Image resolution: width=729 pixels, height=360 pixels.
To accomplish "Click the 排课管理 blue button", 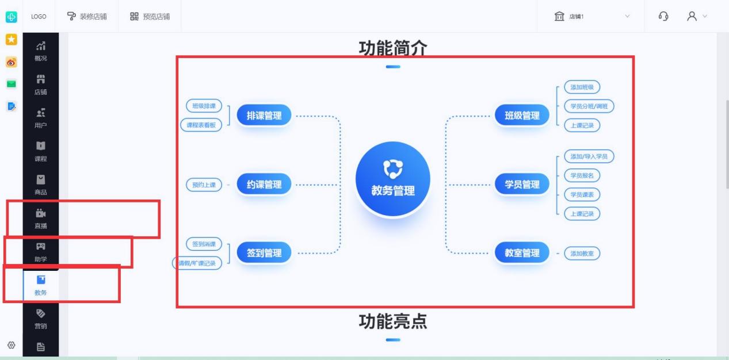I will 264,116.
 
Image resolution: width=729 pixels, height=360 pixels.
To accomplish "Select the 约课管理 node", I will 264,185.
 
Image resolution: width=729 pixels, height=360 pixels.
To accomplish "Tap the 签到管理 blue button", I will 264,253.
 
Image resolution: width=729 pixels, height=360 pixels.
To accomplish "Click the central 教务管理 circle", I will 393,179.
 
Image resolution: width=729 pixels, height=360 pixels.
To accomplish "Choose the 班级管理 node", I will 522,116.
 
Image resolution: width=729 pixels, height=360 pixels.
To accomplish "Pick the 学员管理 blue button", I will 522,185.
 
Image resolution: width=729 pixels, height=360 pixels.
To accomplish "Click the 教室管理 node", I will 522,253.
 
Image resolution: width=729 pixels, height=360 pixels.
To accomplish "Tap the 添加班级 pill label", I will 582,87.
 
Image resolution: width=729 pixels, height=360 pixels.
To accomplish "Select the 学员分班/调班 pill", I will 589,106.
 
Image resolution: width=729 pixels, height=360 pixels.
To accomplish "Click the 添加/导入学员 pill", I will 589,156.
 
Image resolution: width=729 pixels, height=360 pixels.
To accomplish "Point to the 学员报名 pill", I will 582,175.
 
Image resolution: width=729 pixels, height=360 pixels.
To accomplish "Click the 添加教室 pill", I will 582,253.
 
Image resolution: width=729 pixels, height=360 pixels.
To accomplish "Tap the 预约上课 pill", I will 204,185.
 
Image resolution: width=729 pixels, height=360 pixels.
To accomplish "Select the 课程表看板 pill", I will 201,125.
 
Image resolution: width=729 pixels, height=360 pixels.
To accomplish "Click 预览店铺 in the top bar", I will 148,16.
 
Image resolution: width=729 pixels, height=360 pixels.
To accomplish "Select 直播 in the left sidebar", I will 41,218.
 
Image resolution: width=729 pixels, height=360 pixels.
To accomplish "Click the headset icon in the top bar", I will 663,16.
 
